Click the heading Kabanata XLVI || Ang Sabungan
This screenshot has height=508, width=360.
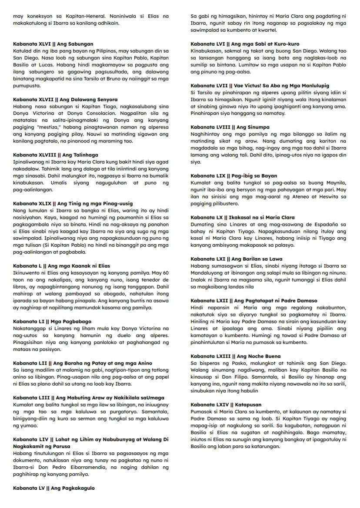(x=53, y=44)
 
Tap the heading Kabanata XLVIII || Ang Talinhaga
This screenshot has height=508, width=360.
(x=56, y=155)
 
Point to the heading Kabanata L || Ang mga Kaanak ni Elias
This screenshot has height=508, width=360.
(x=61, y=266)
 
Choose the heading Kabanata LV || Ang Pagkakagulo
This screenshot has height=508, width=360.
(x=54, y=488)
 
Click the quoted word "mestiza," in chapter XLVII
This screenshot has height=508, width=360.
(x=56, y=127)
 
